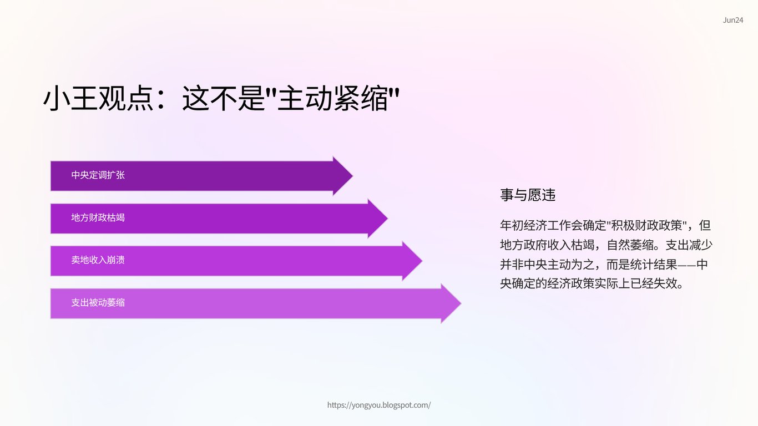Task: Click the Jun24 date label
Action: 733,21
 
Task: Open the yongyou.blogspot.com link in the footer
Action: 379,405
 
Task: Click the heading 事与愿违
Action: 528,195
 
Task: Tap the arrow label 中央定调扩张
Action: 98,175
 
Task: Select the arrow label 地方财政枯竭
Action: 98,217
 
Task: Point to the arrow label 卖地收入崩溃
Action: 98,260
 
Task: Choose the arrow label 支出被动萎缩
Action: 98,302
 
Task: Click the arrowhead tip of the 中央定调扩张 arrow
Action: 353,176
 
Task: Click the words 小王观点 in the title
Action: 98,98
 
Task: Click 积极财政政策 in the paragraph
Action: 646,225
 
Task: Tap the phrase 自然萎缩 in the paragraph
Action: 630,245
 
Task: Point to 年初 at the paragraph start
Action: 512,225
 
